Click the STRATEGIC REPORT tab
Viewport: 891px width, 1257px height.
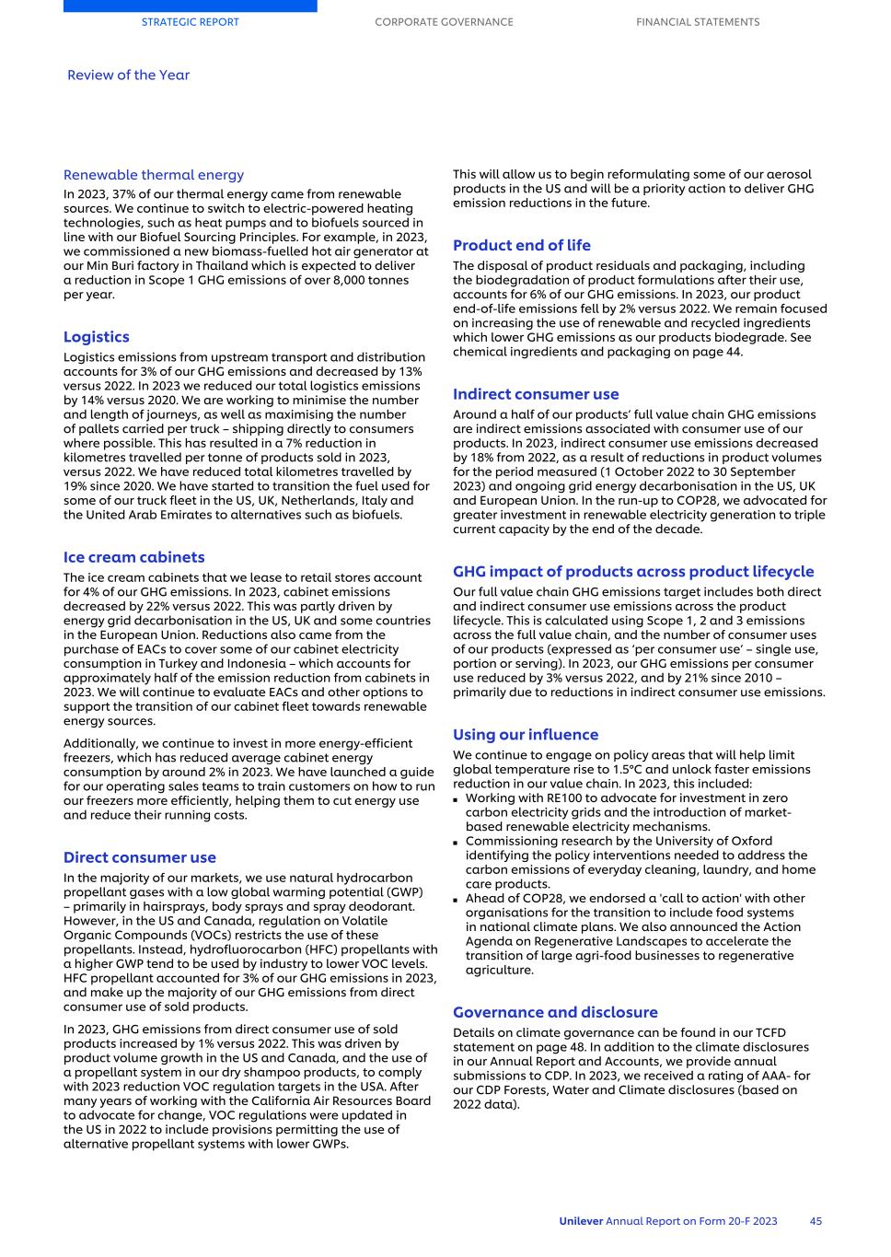(x=190, y=22)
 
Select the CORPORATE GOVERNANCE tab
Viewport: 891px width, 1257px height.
(x=444, y=22)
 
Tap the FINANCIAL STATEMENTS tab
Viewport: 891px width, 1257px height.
(x=698, y=22)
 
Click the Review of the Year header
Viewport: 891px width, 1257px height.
(x=128, y=76)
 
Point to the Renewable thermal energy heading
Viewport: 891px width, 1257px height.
(x=154, y=175)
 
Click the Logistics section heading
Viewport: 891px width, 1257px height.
(x=97, y=337)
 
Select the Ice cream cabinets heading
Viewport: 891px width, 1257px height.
(x=134, y=557)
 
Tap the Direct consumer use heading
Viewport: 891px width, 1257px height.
(x=140, y=857)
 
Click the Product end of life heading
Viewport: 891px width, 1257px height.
(x=522, y=245)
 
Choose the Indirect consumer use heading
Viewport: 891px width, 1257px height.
(x=536, y=394)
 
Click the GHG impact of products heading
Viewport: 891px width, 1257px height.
(x=633, y=572)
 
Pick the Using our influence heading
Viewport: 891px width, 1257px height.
(x=526, y=735)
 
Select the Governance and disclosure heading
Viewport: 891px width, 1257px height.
(x=555, y=1012)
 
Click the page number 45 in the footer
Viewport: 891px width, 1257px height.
(x=816, y=1221)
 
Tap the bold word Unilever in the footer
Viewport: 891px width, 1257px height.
(x=581, y=1221)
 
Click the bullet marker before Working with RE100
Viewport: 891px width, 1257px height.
(x=457, y=799)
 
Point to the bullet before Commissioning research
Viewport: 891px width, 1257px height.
(x=457, y=842)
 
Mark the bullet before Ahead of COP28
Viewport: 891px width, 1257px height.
(x=457, y=899)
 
